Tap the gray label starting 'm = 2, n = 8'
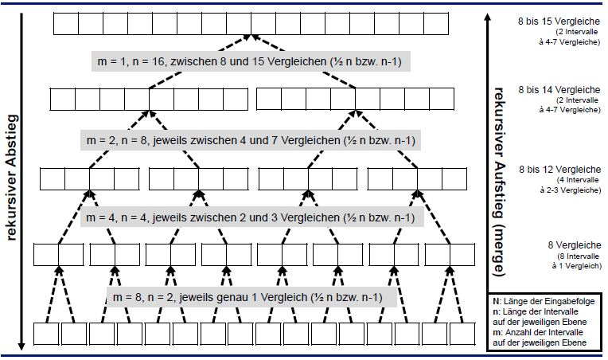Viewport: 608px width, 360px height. click(x=251, y=140)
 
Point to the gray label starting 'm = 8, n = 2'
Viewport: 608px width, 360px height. click(x=246, y=297)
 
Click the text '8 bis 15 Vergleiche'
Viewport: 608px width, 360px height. click(x=558, y=21)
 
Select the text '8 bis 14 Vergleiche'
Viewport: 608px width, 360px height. click(x=558, y=90)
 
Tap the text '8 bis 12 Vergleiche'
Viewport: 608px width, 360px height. click(x=558, y=169)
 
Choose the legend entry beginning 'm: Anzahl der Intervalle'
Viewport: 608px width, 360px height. click(x=545, y=336)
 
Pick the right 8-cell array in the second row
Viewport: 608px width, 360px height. click(x=355, y=100)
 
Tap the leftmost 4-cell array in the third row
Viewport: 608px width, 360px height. click(x=89, y=178)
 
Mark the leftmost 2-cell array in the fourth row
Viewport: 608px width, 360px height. click(x=58, y=254)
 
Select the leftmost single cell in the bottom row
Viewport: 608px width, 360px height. click(x=45, y=334)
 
